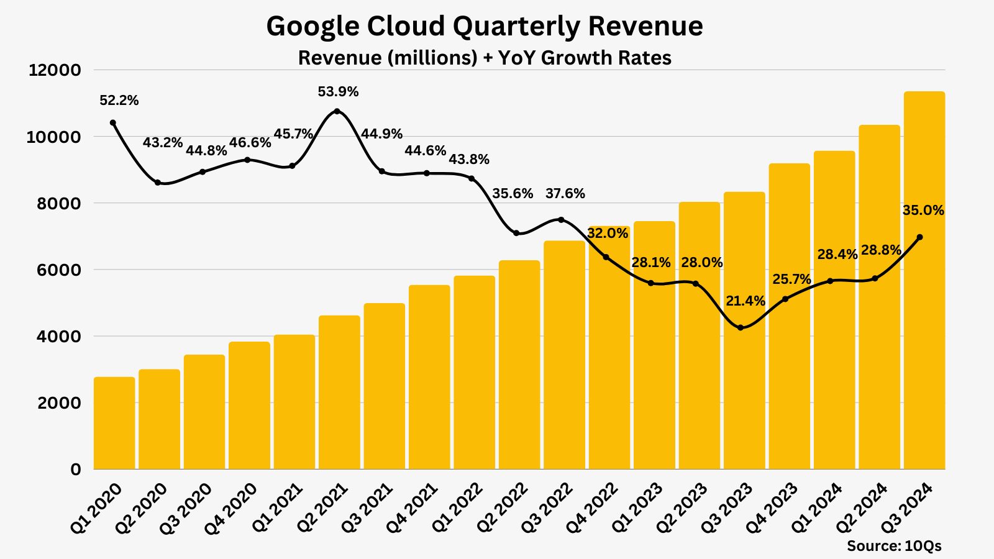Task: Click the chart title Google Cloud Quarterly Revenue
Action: click(x=485, y=27)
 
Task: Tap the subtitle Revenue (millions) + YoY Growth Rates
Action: click(x=485, y=58)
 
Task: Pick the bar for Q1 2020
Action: click(x=114, y=422)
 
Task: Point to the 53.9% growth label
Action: click(x=338, y=92)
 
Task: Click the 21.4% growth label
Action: click(x=745, y=301)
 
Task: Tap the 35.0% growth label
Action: click(x=923, y=211)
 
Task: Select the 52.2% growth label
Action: click(x=119, y=101)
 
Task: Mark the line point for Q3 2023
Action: click(x=740, y=327)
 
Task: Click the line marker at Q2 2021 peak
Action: click(x=337, y=111)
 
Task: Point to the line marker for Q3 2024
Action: click(x=920, y=237)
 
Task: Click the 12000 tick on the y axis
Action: click(x=55, y=70)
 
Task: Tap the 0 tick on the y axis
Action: click(x=76, y=470)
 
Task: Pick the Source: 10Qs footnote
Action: click(x=894, y=546)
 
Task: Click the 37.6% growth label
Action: click(x=565, y=194)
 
